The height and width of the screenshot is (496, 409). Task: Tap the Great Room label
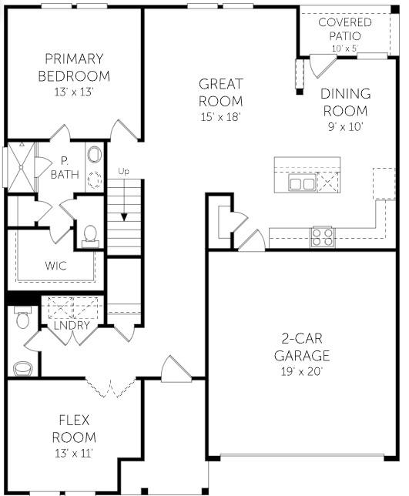[x=220, y=92]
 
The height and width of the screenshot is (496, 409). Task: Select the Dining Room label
[x=346, y=101]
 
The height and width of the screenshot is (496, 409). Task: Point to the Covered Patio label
[x=344, y=28]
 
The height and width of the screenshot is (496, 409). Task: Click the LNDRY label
[x=73, y=326]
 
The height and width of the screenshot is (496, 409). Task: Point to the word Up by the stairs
[x=124, y=171]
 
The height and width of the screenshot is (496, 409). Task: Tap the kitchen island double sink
[x=301, y=183]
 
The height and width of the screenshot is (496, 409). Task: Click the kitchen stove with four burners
[x=322, y=236]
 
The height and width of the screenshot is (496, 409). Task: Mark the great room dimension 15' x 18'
[x=220, y=117]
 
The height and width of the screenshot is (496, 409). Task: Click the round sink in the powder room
[x=23, y=368]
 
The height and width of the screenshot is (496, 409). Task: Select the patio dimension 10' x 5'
[x=344, y=49]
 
